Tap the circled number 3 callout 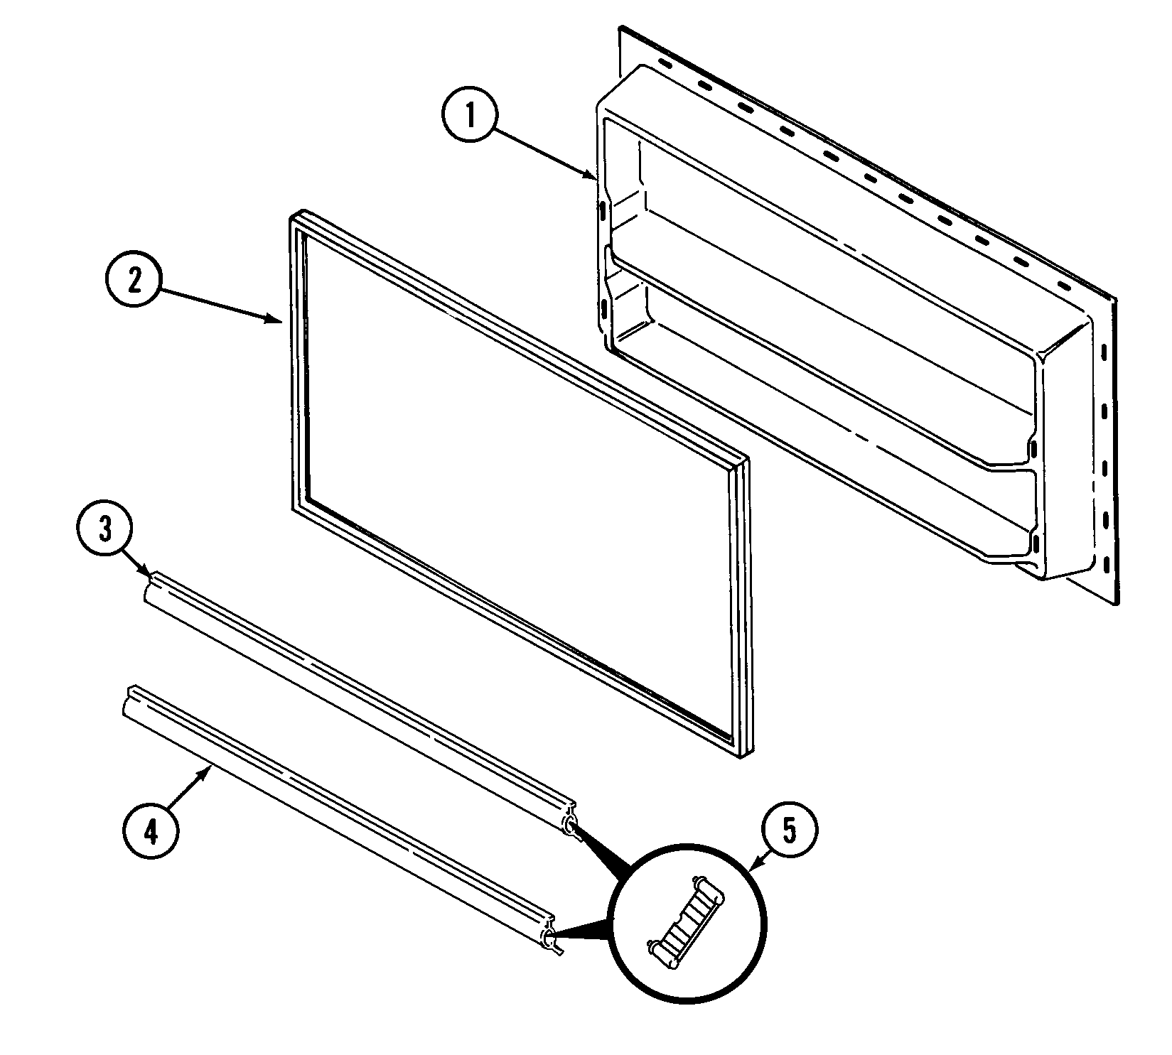click(x=104, y=531)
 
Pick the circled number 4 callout click(x=151, y=832)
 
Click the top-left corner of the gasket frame click(x=294, y=215)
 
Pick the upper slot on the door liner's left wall click(x=602, y=211)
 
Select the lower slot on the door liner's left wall click(x=603, y=308)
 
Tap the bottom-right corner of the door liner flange click(x=1117, y=603)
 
